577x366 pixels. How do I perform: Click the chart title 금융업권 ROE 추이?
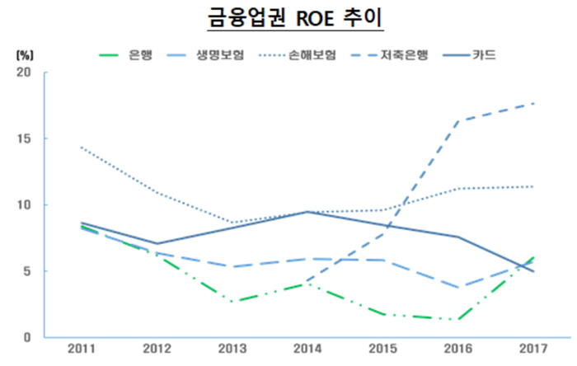288,18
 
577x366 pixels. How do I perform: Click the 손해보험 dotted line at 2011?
80,147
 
